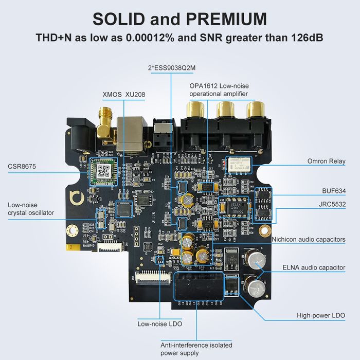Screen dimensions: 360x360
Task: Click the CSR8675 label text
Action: (x=22, y=166)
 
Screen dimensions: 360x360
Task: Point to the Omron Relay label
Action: (x=326, y=161)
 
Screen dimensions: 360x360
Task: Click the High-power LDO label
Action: (x=321, y=315)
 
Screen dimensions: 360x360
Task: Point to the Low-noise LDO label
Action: (x=159, y=324)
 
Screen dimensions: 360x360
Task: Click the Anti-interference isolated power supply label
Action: (x=189, y=349)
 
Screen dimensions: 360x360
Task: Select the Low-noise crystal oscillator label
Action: (x=31, y=209)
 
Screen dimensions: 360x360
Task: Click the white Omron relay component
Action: (x=238, y=164)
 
